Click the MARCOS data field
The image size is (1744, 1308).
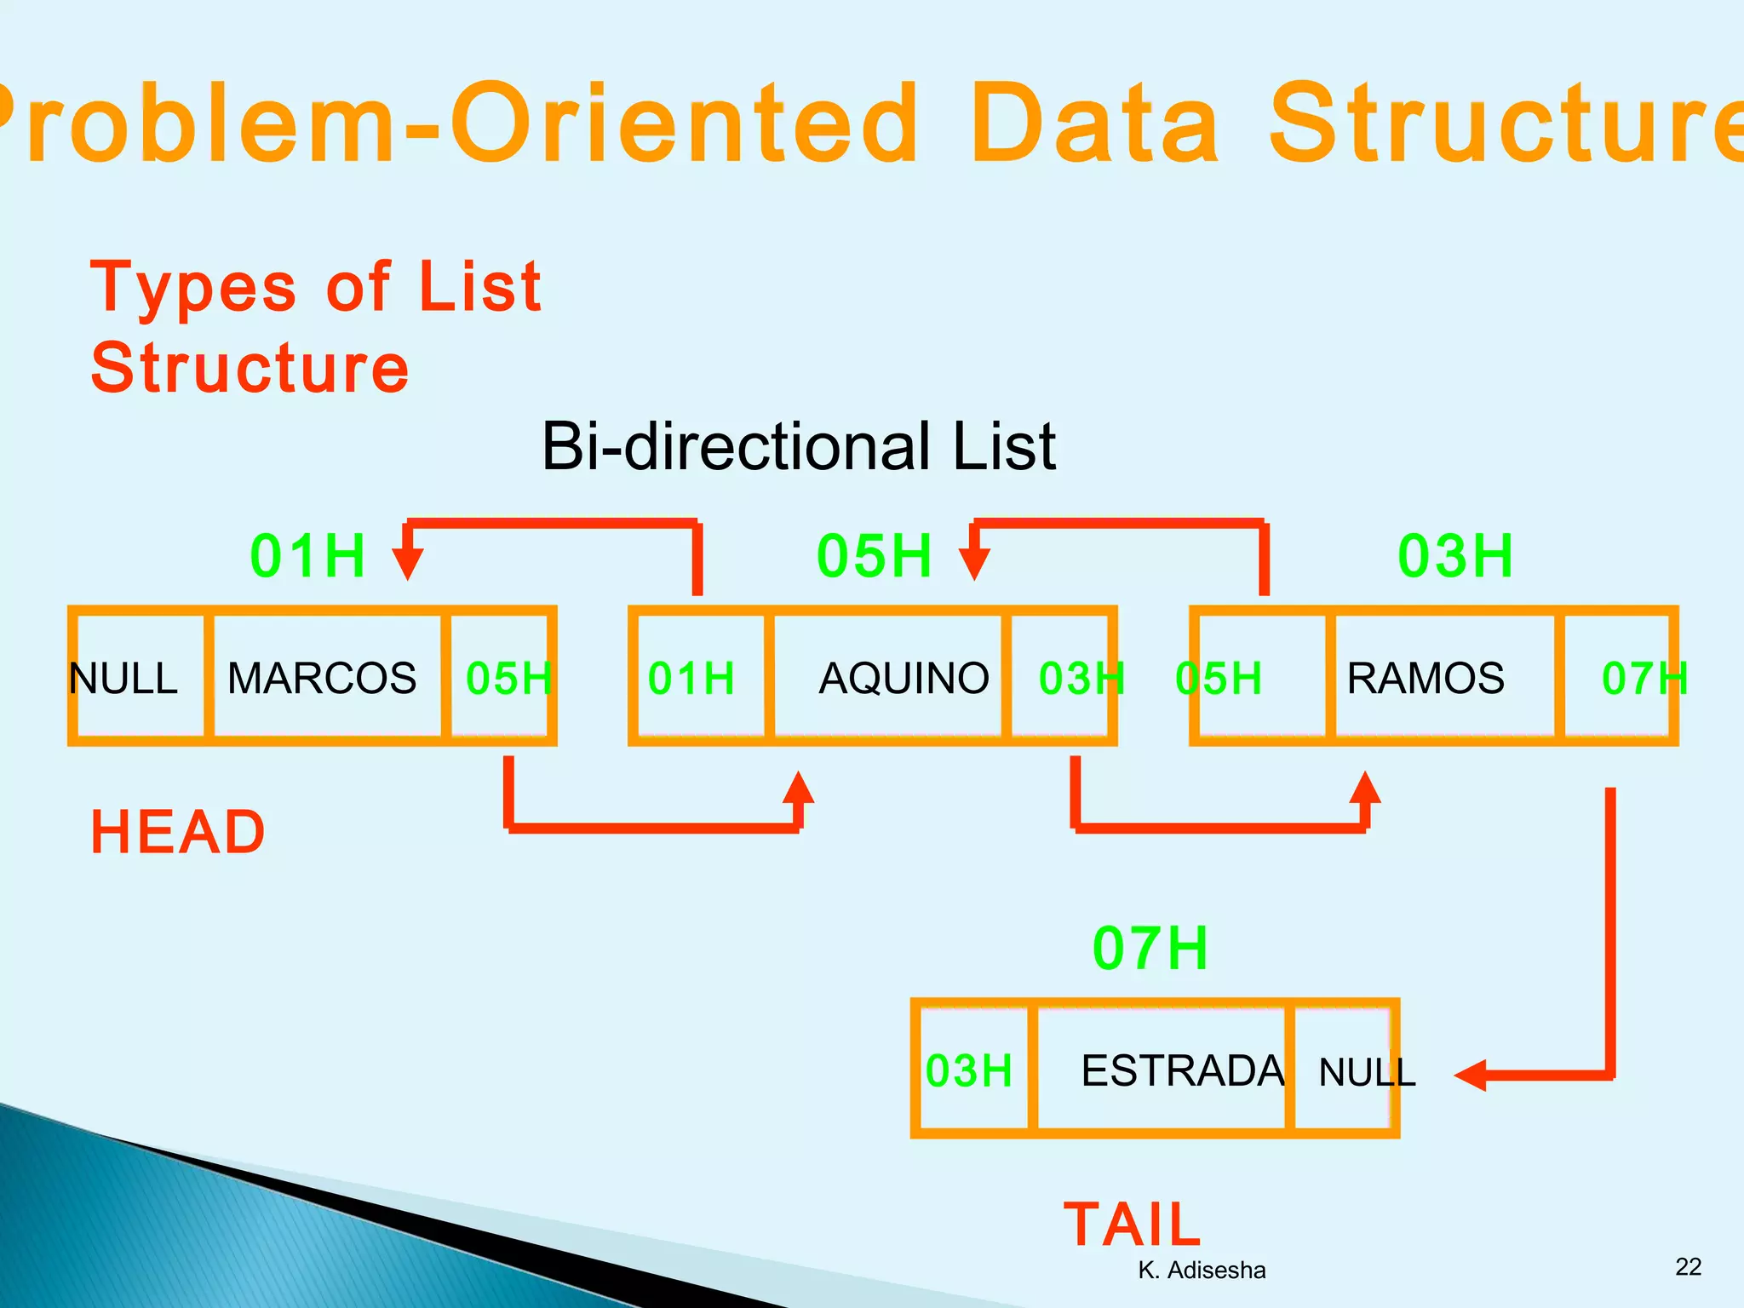(x=323, y=678)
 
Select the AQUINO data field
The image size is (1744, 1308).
(x=903, y=678)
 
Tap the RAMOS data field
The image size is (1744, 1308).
(x=1426, y=678)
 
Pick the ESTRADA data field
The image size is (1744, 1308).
(x=1182, y=1070)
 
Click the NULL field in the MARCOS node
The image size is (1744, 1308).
(x=123, y=678)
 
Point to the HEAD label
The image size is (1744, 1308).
(x=178, y=831)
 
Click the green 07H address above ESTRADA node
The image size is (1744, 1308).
(x=1150, y=948)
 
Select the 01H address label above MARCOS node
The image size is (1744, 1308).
(x=307, y=555)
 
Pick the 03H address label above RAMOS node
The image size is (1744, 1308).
(x=1455, y=555)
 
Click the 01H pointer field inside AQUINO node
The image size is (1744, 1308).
(x=691, y=678)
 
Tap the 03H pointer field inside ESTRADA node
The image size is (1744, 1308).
(x=969, y=1070)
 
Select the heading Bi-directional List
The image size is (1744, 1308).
(x=798, y=445)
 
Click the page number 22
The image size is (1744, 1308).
(x=1688, y=1266)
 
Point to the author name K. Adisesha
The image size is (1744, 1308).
(x=1202, y=1270)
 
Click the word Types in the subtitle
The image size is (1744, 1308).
(x=193, y=287)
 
